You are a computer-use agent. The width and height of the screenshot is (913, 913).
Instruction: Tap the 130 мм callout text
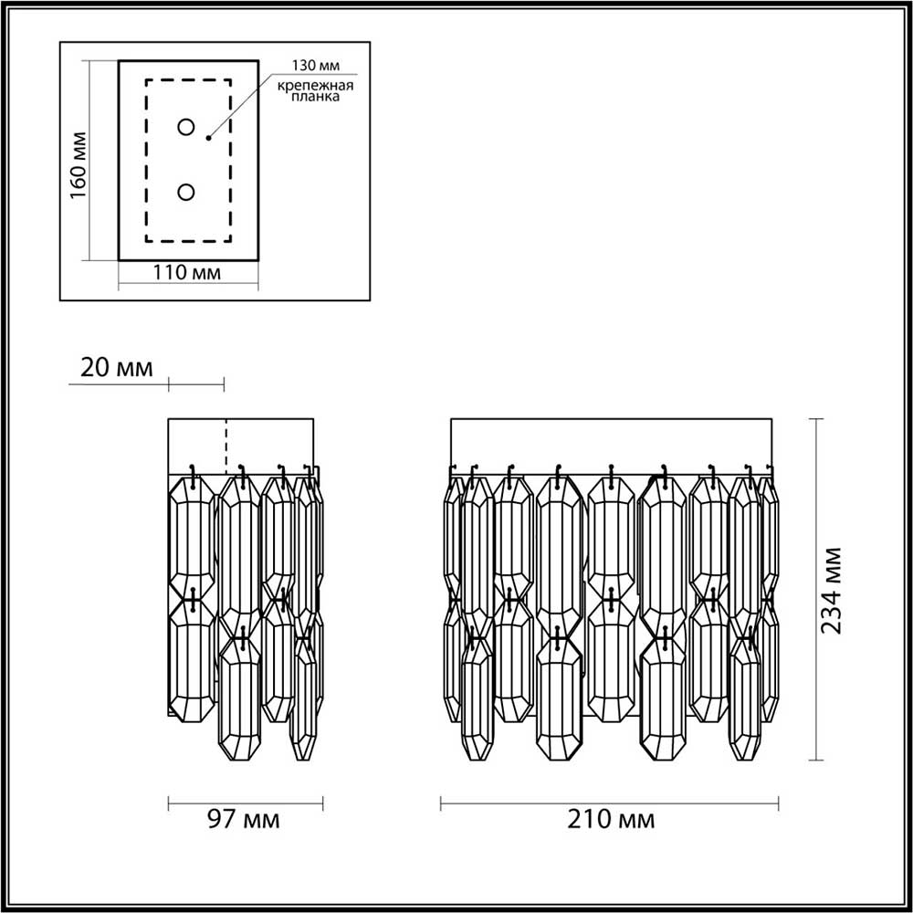(x=314, y=66)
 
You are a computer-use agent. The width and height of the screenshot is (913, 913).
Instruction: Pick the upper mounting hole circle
(x=186, y=127)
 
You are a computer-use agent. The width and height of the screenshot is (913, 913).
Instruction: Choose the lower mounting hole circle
(x=186, y=192)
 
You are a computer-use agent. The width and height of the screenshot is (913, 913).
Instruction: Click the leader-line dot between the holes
(x=209, y=138)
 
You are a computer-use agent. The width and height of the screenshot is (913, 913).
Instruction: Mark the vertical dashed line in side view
(x=226, y=445)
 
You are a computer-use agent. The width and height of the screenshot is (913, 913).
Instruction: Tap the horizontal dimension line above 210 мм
(x=610, y=803)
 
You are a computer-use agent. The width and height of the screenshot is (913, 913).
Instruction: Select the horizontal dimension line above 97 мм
(x=246, y=803)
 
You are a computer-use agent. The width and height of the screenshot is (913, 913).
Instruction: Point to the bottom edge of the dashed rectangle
(x=188, y=241)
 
